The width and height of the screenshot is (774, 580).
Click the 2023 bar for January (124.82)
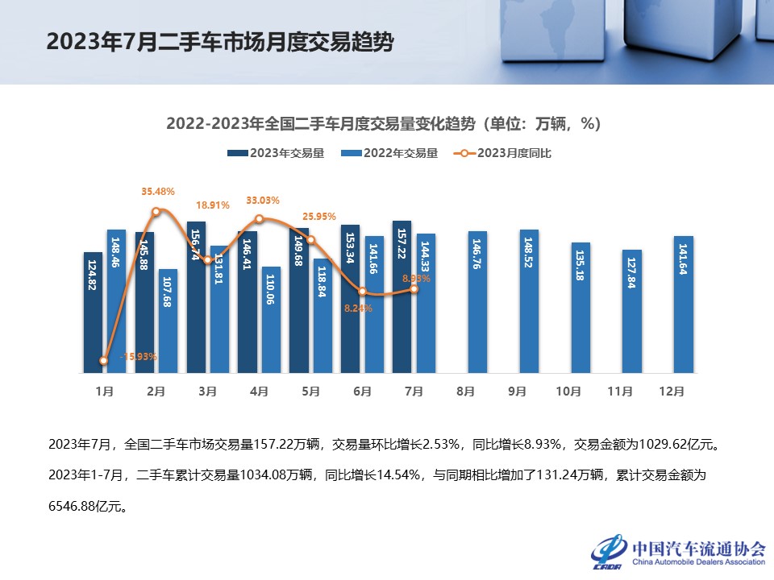(x=94, y=313)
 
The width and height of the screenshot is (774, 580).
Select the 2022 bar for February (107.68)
(x=168, y=321)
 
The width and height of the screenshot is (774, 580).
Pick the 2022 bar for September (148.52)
(x=529, y=301)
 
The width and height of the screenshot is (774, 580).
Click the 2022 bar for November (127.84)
(x=632, y=311)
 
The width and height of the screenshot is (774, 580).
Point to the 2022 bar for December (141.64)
(x=684, y=304)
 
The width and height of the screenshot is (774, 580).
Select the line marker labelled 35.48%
(x=156, y=212)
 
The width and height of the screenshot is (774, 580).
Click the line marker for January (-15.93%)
(x=104, y=361)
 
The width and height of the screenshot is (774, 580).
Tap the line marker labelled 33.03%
(x=259, y=219)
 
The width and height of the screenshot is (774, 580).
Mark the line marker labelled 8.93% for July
(x=414, y=288)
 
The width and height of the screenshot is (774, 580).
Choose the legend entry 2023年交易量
(x=276, y=153)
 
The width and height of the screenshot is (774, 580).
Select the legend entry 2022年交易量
(x=390, y=153)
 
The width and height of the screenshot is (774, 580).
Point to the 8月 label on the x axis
(x=465, y=391)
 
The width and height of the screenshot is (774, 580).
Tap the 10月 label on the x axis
(x=568, y=391)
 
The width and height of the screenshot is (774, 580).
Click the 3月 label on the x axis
(x=207, y=391)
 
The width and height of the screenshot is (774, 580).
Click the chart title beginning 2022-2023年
(x=383, y=124)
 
